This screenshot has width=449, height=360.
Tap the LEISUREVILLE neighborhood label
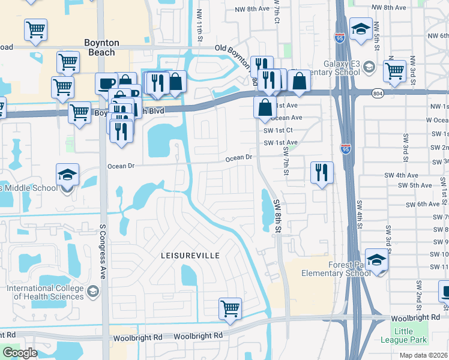[x=190, y=255]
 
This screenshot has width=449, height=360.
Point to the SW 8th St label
[x=277, y=216]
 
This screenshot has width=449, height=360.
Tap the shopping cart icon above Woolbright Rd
[x=230, y=310]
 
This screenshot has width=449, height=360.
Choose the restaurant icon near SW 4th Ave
[x=322, y=173]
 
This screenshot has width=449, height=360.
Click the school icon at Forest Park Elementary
[x=376, y=260]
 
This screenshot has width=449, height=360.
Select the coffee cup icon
[x=106, y=83]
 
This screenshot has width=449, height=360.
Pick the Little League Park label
[x=411, y=335]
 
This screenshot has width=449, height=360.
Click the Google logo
[x=20, y=353]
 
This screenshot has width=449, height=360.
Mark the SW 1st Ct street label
[x=278, y=130]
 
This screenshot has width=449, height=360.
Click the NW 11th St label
[x=199, y=27]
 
